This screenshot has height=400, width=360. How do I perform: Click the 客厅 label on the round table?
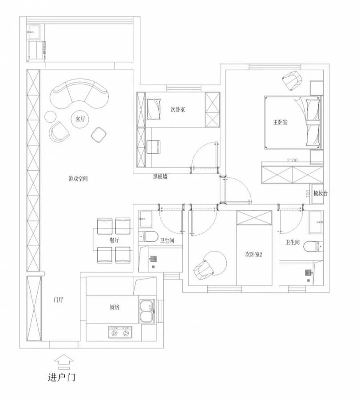(x=80, y=119)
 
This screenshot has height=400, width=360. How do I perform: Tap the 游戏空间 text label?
(x=78, y=179)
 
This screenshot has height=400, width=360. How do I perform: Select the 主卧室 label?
(x=280, y=122)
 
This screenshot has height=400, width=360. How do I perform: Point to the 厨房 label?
(x=114, y=307)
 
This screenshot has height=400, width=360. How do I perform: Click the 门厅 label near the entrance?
(x=58, y=300)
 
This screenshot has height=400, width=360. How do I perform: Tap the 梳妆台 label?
(x=320, y=193)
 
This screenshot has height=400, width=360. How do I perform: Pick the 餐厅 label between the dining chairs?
(x=114, y=240)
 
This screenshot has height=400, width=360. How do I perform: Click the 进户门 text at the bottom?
(x=62, y=378)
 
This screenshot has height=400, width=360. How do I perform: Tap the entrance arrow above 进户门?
(x=64, y=360)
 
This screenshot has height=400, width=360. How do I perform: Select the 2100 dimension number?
(x=292, y=160)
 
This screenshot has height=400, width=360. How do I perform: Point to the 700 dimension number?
(x=308, y=193)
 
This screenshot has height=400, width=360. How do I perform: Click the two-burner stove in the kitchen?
(x=120, y=332)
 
